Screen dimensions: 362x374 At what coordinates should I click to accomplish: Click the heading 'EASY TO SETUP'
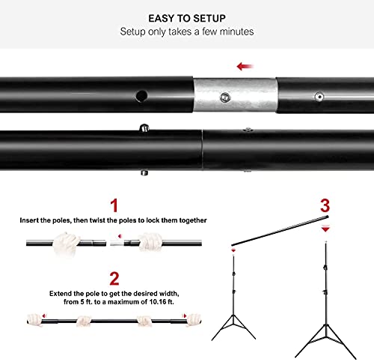[186, 16]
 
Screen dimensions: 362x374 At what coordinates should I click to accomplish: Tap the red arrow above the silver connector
[244, 66]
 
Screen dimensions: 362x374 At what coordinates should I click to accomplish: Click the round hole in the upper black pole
[141, 96]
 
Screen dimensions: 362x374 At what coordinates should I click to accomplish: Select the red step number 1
[114, 205]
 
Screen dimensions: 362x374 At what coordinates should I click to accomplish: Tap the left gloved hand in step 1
[69, 242]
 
